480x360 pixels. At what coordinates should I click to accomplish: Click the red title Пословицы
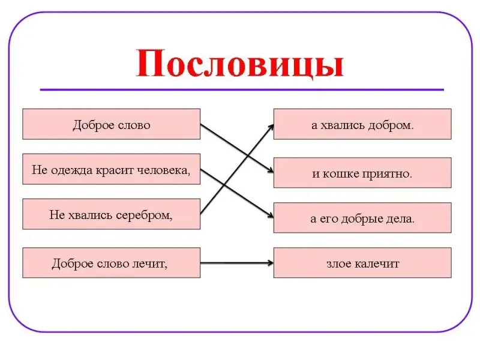point(240,64)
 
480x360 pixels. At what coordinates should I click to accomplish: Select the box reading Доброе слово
point(111,124)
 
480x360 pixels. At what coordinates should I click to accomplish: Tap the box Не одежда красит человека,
point(111,170)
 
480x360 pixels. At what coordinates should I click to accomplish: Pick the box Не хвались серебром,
point(111,214)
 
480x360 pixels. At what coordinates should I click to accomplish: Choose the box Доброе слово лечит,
point(111,263)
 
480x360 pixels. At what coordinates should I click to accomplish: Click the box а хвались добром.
point(362,124)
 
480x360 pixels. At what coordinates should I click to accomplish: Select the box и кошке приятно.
point(362,173)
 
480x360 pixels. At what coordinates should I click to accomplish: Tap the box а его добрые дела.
point(362,218)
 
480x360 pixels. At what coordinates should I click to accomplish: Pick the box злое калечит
point(362,263)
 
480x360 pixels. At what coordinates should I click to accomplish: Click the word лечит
point(149,263)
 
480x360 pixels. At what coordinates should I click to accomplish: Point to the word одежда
point(71,170)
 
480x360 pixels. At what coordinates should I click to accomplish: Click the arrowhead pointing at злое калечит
point(269,263)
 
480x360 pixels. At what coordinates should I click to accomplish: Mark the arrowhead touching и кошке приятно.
point(269,172)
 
